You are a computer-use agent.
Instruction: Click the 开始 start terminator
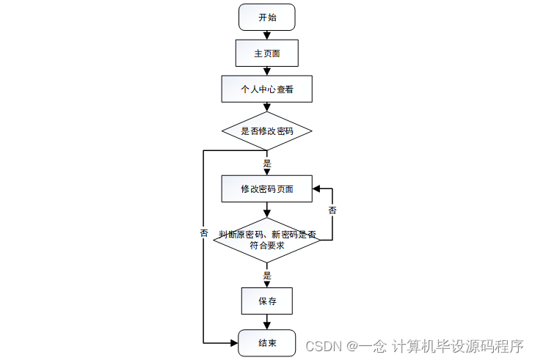pyautogui.click(x=266, y=17)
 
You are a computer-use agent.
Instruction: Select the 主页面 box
pyautogui.click(x=266, y=53)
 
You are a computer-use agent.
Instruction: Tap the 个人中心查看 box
pyautogui.click(x=266, y=89)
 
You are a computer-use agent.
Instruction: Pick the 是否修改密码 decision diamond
pyautogui.click(x=266, y=132)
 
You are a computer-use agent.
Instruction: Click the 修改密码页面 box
pyautogui.click(x=266, y=189)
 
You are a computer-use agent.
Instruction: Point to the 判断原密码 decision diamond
pyautogui.click(x=266, y=240)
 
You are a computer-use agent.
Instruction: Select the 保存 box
pyautogui.click(x=266, y=301)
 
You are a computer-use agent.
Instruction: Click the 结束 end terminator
pyautogui.click(x=266, y=343)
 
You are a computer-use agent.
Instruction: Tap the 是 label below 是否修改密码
pyautogui.click(x=267, y=163)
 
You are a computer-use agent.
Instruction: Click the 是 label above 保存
pyautogui.click(x=267, y=276)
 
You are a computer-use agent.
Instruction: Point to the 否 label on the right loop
pyautogui.click(x=332, y=210)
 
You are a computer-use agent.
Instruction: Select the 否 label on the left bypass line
pyautogui.click(x=203, y=232)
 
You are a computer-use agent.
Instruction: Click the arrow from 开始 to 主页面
pyautogui.click(x=266, y=34)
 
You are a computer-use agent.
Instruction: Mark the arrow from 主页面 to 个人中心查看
pyautogui.click(x=266, y=70)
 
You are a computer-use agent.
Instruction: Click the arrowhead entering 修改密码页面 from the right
pyautogui.click(x=316, y=189)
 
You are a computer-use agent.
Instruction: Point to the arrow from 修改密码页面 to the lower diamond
pyautogui.click(x=266, y=210)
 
